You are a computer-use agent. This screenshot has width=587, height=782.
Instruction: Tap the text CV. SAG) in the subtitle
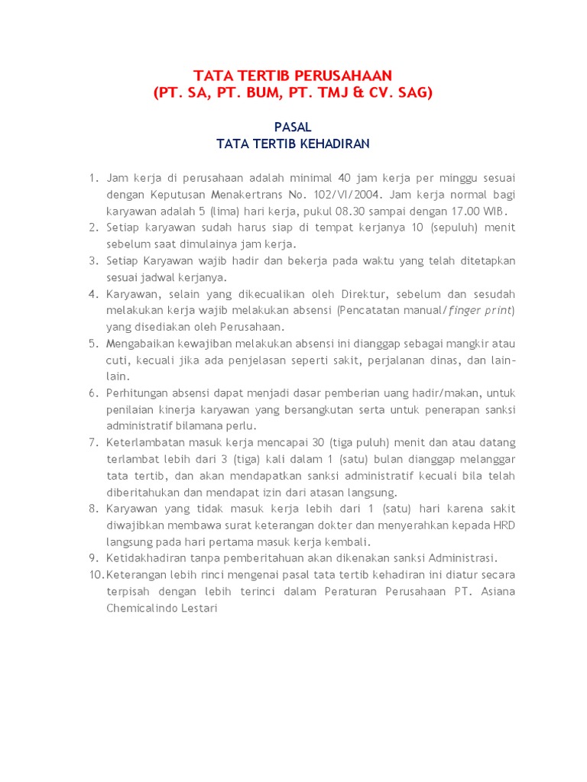tap(397, 93)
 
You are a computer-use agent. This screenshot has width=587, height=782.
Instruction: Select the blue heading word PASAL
tap(293, 127)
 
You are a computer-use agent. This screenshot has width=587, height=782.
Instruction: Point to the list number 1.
tap(92, 178)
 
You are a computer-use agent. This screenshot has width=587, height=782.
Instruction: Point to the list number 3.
tap(92, 261)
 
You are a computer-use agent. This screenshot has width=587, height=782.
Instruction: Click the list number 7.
tap(92, 442)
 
